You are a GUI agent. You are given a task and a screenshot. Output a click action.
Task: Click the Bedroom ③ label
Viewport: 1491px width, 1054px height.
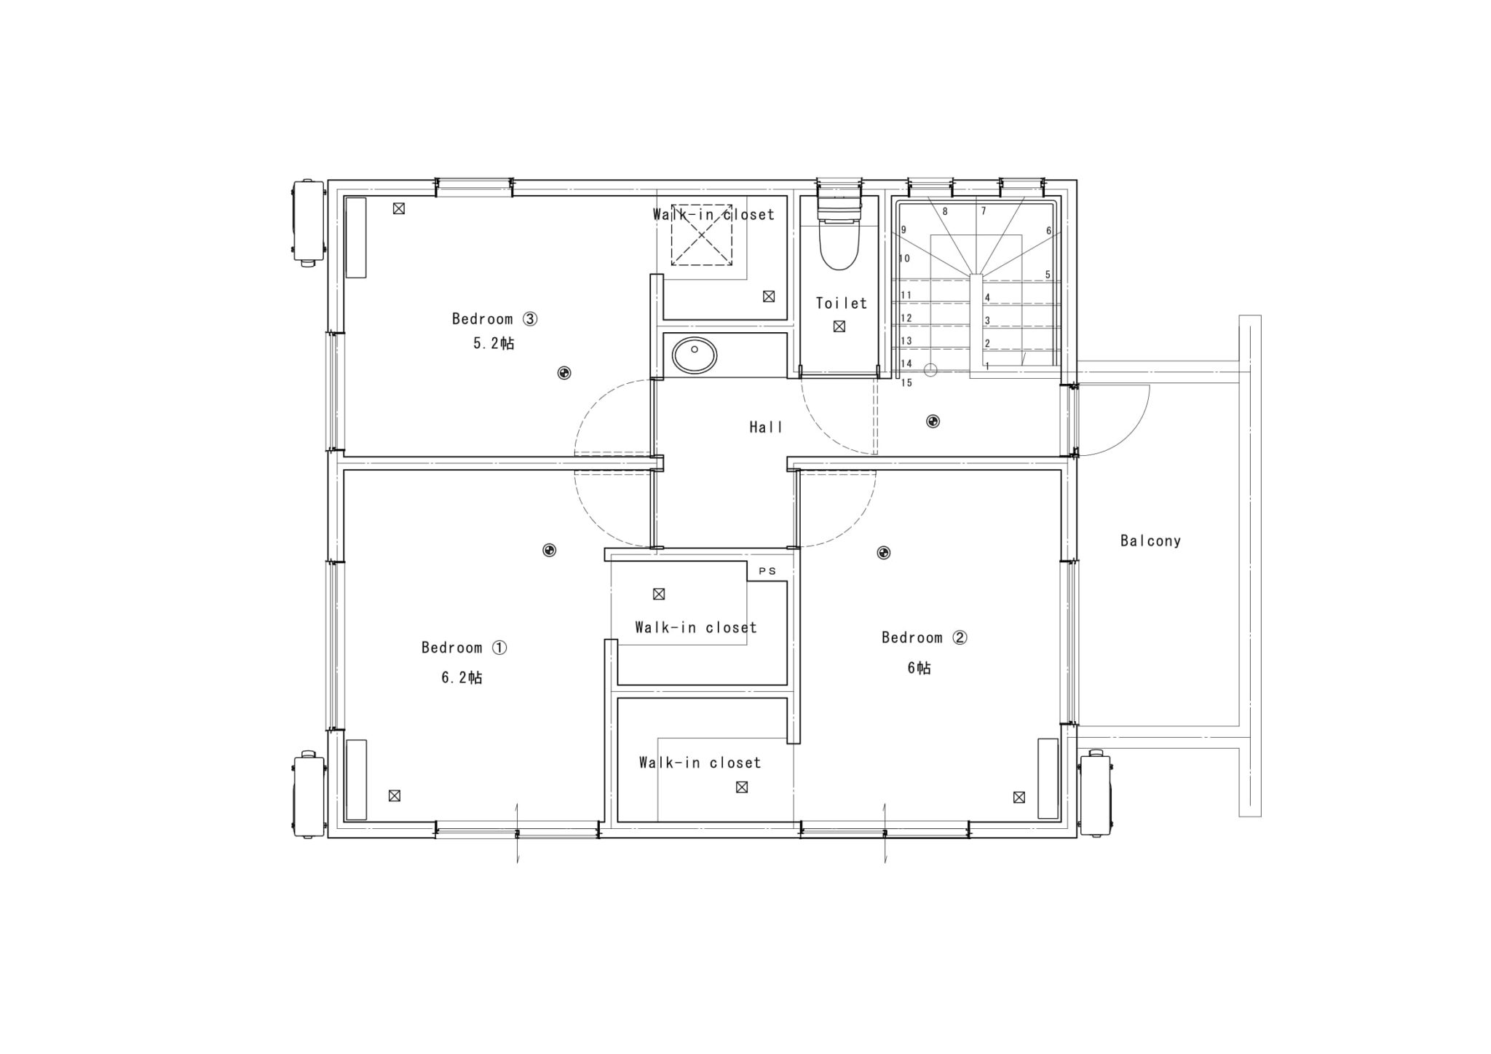(494, 318)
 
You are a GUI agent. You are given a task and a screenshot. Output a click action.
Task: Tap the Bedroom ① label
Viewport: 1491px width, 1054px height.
(464, 648)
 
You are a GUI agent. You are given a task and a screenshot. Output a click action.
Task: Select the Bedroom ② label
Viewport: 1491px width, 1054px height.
(924, 637)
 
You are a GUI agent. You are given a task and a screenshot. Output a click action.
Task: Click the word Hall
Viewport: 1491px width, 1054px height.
(766, 427)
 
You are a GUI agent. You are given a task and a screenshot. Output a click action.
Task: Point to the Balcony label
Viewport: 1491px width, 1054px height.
(1150, 540)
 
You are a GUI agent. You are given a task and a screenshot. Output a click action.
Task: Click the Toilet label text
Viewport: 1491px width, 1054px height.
(842, 303)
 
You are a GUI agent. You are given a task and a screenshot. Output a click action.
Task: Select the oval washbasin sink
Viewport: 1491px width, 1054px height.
(695, 355)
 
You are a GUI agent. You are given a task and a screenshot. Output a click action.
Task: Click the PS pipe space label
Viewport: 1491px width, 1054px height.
(767, 571)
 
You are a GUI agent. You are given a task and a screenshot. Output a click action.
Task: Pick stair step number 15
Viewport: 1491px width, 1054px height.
(906, 382)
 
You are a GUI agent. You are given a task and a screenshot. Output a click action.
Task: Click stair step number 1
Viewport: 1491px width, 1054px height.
(987, 366)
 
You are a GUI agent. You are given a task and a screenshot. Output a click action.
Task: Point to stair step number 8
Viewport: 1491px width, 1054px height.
(945, 212)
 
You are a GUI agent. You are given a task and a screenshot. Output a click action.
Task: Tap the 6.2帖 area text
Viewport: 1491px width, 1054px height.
(462, 677)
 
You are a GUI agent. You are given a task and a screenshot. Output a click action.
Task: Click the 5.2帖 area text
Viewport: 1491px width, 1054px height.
(494, 343)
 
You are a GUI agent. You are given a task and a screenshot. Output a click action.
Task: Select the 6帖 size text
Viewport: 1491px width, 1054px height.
(919, 668)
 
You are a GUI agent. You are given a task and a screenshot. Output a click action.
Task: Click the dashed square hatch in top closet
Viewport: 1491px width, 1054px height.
(701, 235)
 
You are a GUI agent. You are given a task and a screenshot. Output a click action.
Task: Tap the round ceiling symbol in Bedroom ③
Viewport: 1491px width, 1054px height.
(563, 373)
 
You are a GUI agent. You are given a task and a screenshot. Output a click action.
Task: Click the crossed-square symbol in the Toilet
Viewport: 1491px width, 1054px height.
(839, 326)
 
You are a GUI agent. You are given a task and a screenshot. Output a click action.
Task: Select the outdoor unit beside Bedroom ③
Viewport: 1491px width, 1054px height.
(308, 222)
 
